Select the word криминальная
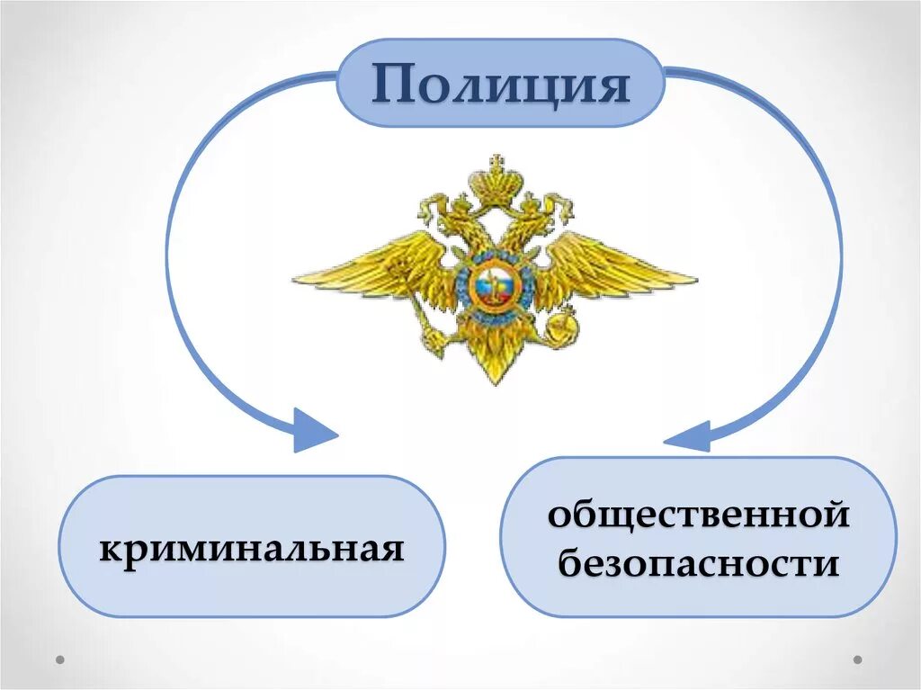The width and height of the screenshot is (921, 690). click(x=251, y=547)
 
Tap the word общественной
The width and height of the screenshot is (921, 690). click(x=699, y=516)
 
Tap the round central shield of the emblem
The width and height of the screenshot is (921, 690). click(x=493, y=287)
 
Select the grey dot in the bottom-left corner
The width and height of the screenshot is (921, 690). click(x=60, y=659)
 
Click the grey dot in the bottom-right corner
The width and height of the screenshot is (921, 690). click(x=857, y=659)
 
